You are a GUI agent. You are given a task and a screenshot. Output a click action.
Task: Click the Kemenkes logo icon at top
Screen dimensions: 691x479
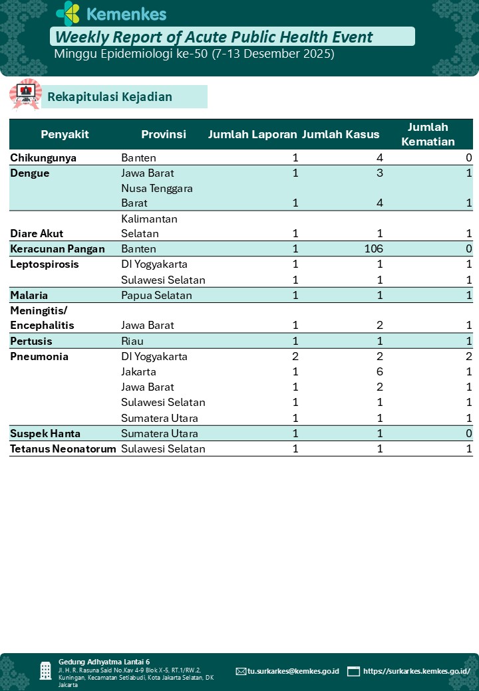(68, 13)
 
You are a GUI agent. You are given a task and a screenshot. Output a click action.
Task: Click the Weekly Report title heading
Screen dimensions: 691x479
(214, 37)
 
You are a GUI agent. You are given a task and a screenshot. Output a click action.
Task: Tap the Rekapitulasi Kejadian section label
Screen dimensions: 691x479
(109, 97)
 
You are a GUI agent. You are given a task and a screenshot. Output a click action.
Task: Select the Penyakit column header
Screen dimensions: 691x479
(65, 134)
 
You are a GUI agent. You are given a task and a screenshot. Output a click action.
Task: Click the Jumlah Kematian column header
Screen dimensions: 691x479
(428, 134)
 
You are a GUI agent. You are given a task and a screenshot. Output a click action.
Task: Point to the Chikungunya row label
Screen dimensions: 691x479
(43, 158)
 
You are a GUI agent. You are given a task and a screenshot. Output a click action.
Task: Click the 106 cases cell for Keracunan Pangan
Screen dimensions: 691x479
(370, 249)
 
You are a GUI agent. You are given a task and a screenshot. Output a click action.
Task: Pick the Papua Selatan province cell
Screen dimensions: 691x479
(156, 295)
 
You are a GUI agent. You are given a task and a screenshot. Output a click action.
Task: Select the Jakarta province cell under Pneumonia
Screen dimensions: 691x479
(138, 371)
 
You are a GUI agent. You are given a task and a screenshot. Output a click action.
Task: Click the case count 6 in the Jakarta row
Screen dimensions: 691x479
(380, 371)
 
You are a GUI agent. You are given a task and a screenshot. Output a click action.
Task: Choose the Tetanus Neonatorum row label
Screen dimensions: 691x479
(63, 448)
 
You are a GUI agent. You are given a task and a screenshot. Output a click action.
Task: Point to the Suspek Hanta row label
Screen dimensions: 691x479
(45, 433)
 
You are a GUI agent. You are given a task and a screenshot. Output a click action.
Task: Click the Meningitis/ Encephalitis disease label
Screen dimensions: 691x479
(42, 318)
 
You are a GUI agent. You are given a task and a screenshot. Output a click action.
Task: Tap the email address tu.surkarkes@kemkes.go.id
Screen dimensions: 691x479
(293, 671)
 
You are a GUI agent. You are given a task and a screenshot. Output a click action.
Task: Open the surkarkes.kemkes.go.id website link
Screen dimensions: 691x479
(416, 671)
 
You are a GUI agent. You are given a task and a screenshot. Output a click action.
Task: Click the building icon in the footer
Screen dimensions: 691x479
(45, 670)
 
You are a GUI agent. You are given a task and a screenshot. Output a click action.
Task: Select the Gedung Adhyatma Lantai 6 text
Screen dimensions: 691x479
(104, 662)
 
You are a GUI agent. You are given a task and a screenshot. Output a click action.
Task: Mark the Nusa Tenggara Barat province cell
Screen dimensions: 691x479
(157, 195)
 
